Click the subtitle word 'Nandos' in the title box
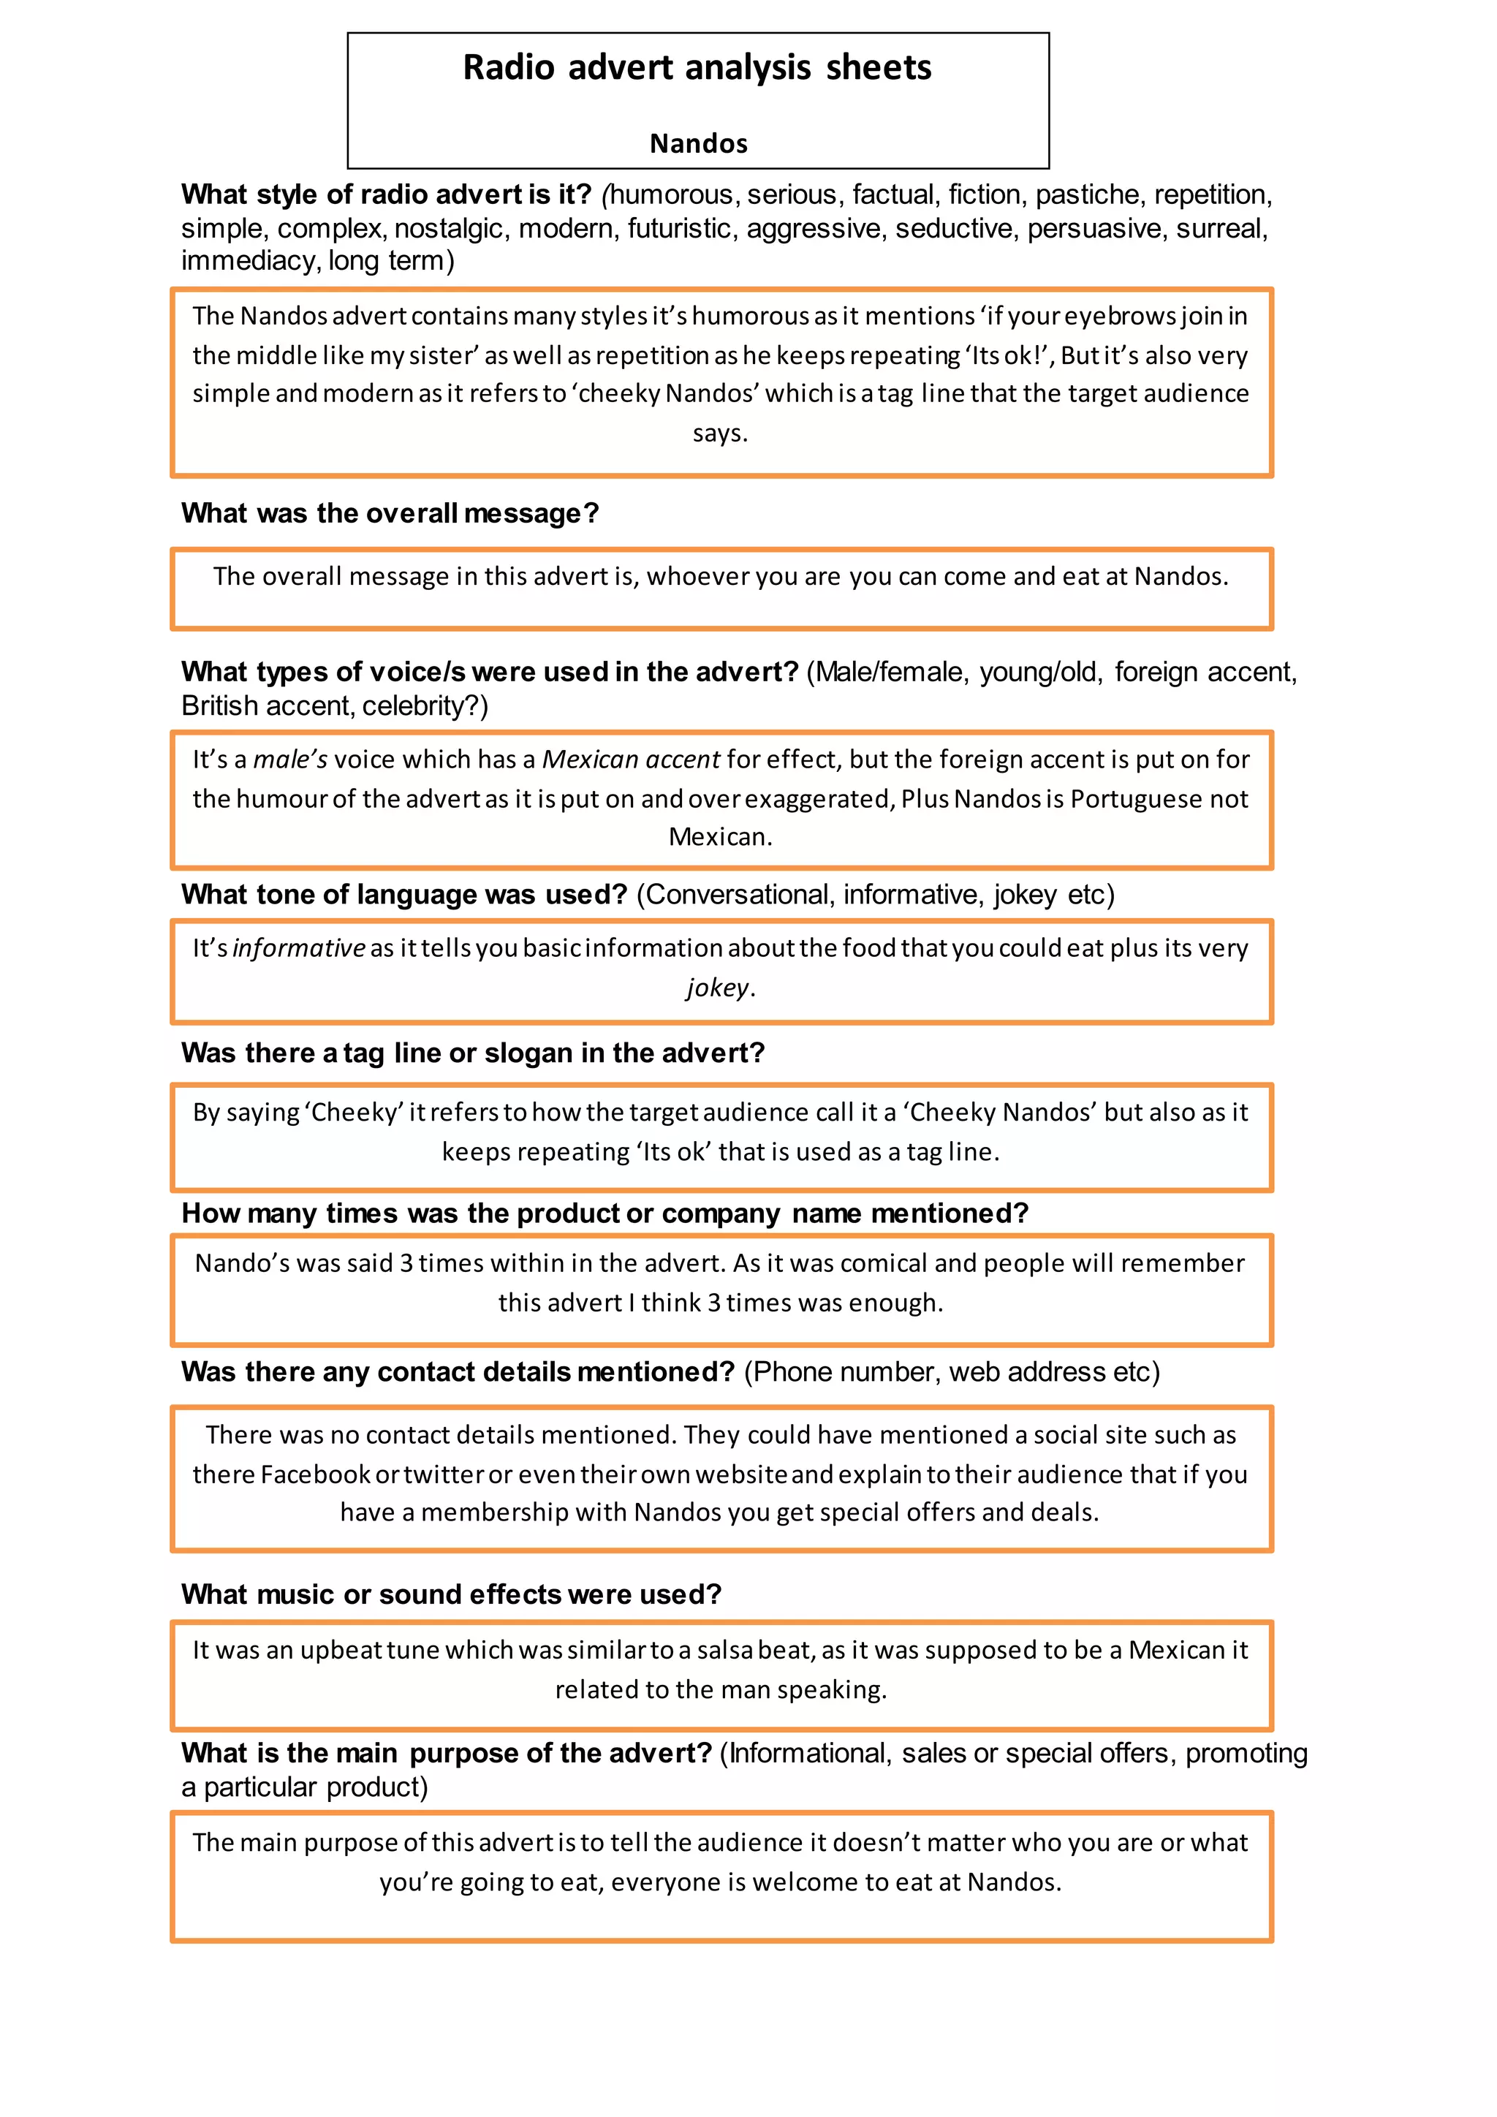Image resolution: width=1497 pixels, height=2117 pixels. click(698, 144)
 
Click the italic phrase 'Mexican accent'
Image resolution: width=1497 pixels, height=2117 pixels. click(631, 759)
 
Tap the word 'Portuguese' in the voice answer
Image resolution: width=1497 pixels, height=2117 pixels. click(1134, 798)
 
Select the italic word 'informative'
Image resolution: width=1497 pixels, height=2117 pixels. click(299, 948)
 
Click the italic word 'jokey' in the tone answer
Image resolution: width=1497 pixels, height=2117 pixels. click(717, 988)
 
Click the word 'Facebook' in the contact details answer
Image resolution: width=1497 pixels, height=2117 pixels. click(315, 1474)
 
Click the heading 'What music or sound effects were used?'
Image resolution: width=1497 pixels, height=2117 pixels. click(451, 1594)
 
